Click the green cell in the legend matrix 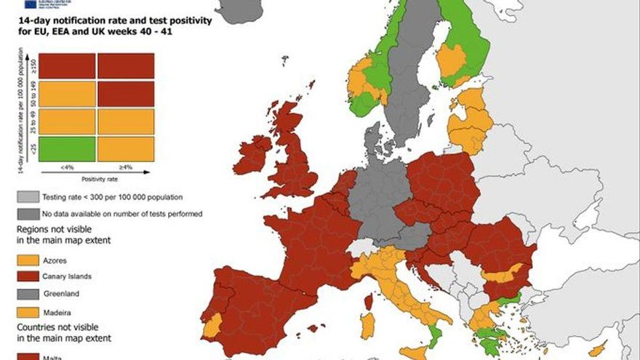click(66, 148)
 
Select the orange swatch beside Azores click(28, 260)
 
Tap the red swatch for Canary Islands click(28, 276)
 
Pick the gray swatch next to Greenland click(28, 294)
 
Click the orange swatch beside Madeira click(28, 311)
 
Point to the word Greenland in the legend click(61, 294)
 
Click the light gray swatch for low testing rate click(28, 197)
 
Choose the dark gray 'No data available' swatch click(28, 214)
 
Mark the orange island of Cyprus click(597, 350)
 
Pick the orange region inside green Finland click(453, 61)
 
